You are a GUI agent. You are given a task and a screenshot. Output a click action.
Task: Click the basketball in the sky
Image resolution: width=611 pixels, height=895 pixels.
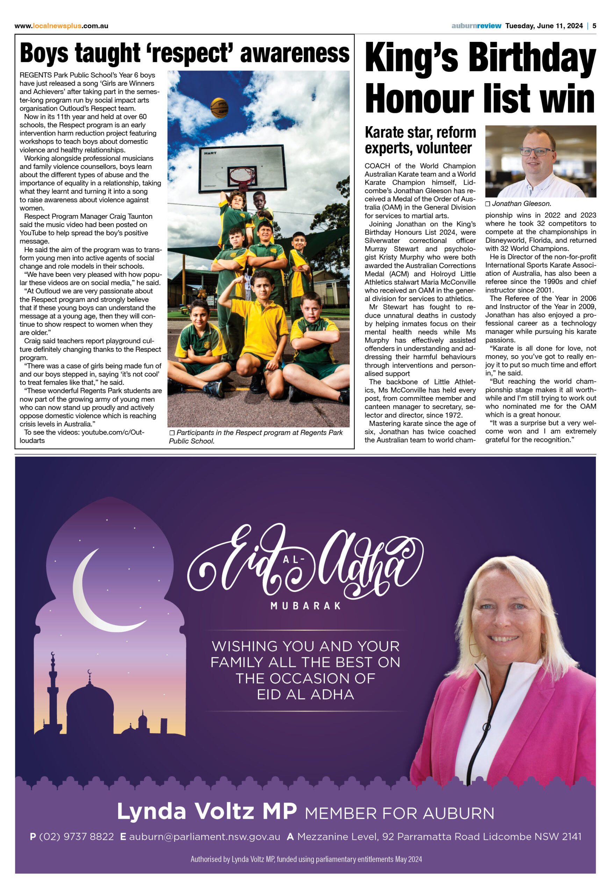[x=219, y=108]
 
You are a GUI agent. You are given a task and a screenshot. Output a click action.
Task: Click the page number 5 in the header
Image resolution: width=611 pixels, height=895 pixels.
[x=594, y=26]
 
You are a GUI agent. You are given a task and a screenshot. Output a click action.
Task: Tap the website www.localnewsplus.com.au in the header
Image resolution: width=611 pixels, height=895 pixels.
[x=61, y=26]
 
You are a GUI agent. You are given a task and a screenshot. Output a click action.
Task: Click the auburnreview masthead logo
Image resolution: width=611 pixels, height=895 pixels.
[x=476, y=26]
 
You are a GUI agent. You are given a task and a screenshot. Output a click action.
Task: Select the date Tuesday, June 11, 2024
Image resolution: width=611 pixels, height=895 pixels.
[x=544, y=26]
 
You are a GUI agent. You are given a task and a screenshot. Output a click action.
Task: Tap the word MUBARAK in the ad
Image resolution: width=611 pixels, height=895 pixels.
[x=305, y=606]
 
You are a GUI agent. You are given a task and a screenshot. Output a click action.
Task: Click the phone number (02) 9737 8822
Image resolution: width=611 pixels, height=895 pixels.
[x=76, y=837]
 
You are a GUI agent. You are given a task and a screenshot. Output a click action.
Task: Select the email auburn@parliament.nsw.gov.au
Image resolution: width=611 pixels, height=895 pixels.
[x=204, y=837]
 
